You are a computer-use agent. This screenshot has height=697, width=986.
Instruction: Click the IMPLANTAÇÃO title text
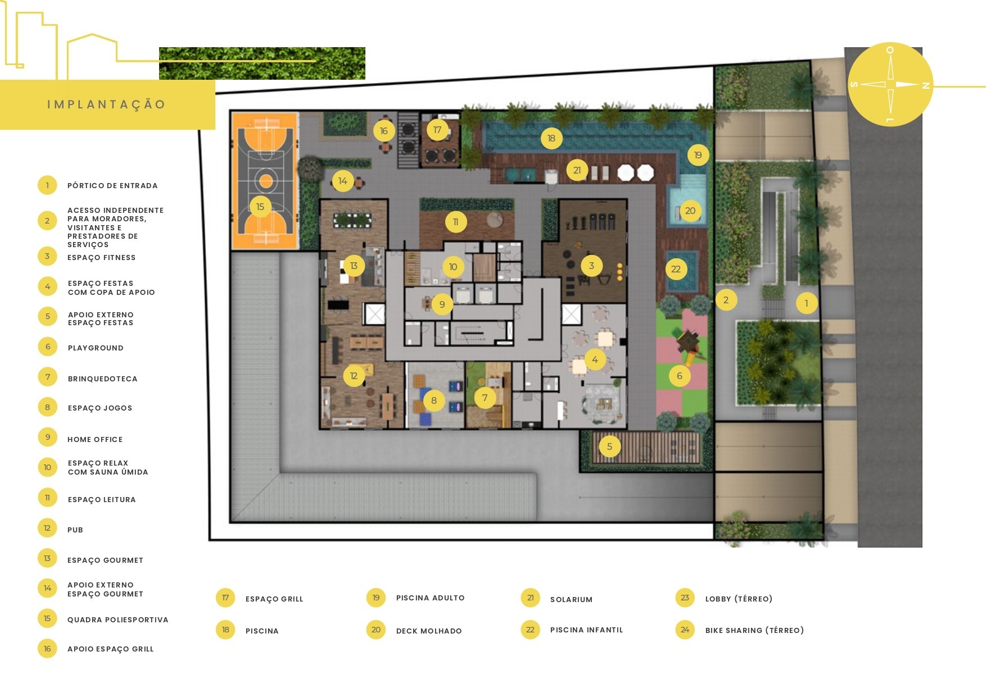coord(106,104)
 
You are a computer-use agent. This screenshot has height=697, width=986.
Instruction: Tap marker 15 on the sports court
coord(260,207)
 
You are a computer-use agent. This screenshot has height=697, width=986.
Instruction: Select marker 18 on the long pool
coord(551,138)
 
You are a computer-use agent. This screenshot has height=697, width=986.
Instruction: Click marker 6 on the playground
coord(679,376)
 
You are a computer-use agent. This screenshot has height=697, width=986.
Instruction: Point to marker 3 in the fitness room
coord(591,266)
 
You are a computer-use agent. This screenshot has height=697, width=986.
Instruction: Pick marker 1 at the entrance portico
coord(806,303)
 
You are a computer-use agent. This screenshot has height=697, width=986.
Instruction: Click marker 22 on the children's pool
coord(676,269)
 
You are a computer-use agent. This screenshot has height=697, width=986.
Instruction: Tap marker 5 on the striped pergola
coord(609,447)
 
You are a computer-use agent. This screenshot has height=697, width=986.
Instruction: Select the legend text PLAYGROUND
coord(96,348)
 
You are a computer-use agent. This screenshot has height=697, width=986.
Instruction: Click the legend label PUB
coord(75,530)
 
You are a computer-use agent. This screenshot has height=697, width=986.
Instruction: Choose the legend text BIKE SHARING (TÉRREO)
coord(754,630)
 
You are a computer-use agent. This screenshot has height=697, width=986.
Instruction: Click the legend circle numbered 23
coord(685,598)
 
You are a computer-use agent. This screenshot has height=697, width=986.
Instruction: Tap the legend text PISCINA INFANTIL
coord(586,630)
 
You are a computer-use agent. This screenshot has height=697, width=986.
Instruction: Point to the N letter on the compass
coord(925,85)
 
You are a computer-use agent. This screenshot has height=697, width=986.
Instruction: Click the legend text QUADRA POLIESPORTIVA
coord(117,619)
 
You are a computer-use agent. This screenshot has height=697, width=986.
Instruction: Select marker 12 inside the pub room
coord(354,376)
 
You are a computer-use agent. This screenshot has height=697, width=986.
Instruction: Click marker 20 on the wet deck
coord(690,211)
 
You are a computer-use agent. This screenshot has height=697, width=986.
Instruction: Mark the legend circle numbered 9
coord(47,437)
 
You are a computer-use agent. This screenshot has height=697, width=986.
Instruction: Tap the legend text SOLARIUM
coord(571,599)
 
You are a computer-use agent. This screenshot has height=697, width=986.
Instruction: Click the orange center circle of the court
coord(266,181)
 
